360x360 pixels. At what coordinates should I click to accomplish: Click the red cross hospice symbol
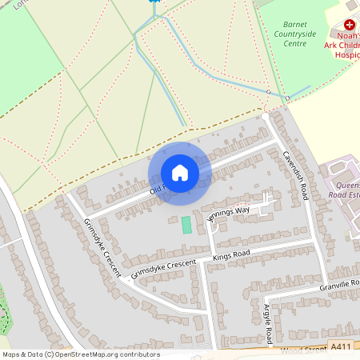[x=349, y=26]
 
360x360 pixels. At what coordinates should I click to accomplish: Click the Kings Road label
[x=231, y=255]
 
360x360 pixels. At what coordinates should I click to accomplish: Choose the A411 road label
[x=340, y=346]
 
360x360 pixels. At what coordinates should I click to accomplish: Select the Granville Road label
[x=339, y=284]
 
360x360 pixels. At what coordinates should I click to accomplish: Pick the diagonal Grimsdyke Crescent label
[x=101, y=247]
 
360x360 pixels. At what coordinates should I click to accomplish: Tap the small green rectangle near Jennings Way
[x=186, y=225]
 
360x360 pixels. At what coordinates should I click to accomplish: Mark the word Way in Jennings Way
[x=242, y=210]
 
